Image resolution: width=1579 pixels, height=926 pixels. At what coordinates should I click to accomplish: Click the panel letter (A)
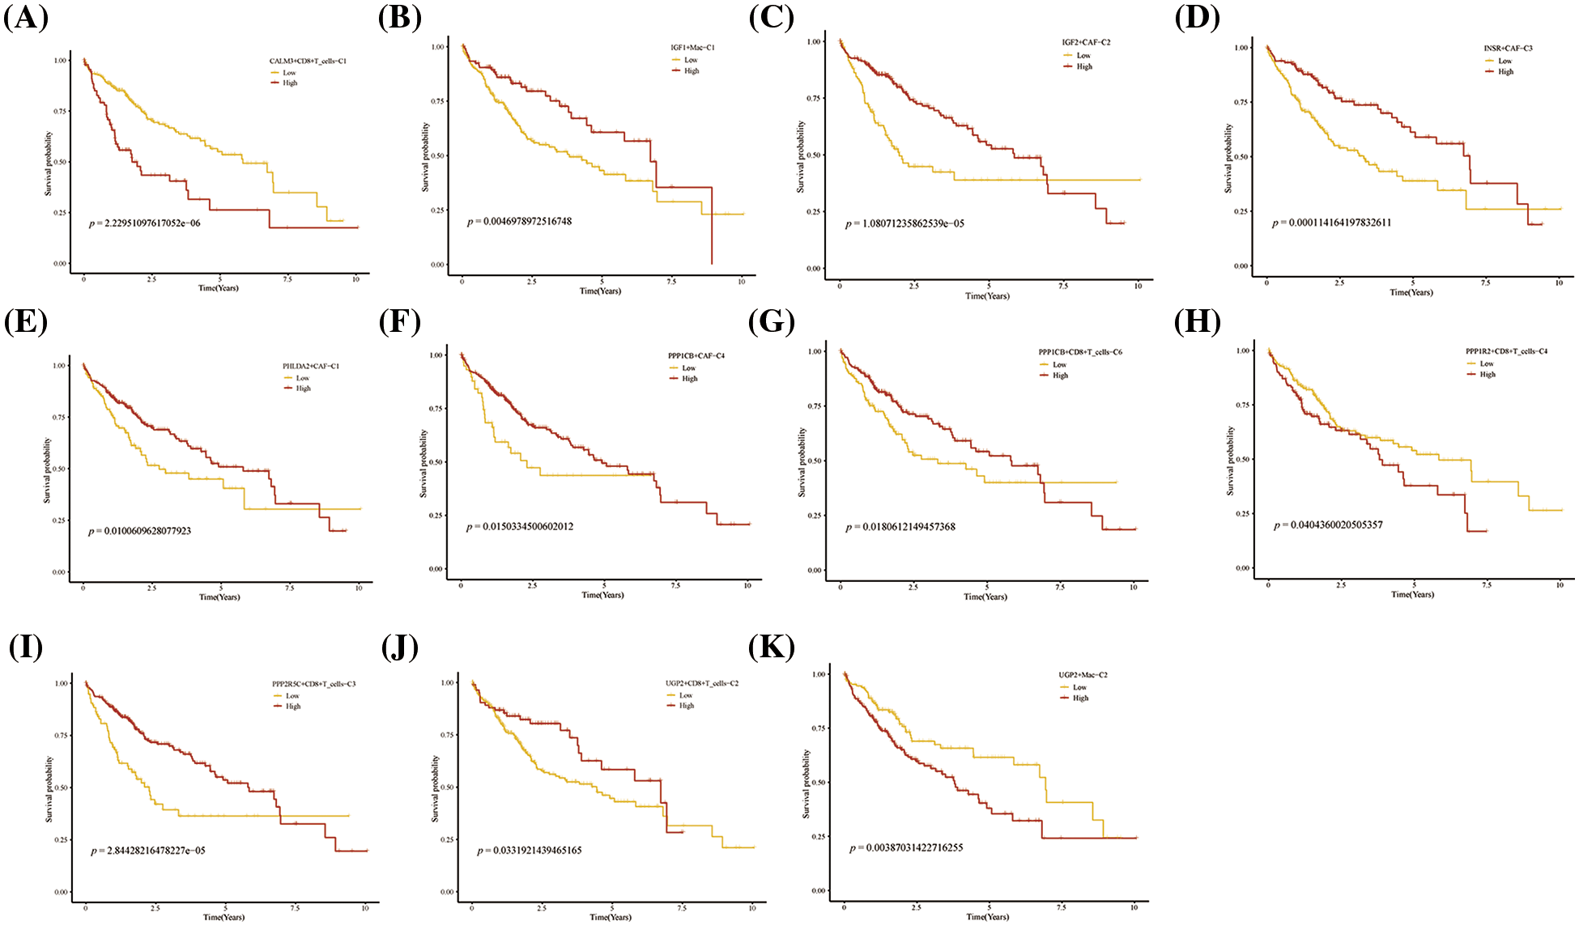point(26,18)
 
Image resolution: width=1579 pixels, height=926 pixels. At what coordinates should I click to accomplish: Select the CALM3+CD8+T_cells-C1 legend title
point(308,62)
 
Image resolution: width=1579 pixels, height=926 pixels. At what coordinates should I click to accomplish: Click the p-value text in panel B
point(520,221)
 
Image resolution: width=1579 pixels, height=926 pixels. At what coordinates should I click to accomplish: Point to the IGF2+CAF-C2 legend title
point(1086,42)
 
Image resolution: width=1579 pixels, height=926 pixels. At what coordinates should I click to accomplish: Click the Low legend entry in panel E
point(302,378)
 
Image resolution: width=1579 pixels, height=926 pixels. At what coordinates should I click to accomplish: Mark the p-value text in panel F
point(520,527)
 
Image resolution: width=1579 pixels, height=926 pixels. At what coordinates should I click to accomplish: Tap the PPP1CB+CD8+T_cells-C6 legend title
point(1080,353)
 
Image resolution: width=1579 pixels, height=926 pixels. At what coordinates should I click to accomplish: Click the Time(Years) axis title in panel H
point(1412,594)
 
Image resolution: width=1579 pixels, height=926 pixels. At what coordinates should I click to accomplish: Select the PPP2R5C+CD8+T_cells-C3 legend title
point(313,684)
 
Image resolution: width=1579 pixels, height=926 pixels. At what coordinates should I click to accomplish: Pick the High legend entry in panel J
point(686,706)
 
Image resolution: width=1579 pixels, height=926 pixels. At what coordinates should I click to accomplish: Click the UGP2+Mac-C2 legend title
point(1083,675)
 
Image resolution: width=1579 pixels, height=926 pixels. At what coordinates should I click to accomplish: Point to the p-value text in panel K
point(906,848)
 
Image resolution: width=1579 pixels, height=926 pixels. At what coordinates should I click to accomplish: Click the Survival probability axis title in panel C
point(801,157)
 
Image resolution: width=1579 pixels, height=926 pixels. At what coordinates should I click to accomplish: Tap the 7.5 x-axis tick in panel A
point(287,278)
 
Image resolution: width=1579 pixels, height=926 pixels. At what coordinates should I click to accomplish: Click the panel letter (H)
point(1198,323)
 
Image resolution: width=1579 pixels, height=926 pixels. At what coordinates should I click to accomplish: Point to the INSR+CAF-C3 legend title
point(1508,49)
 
